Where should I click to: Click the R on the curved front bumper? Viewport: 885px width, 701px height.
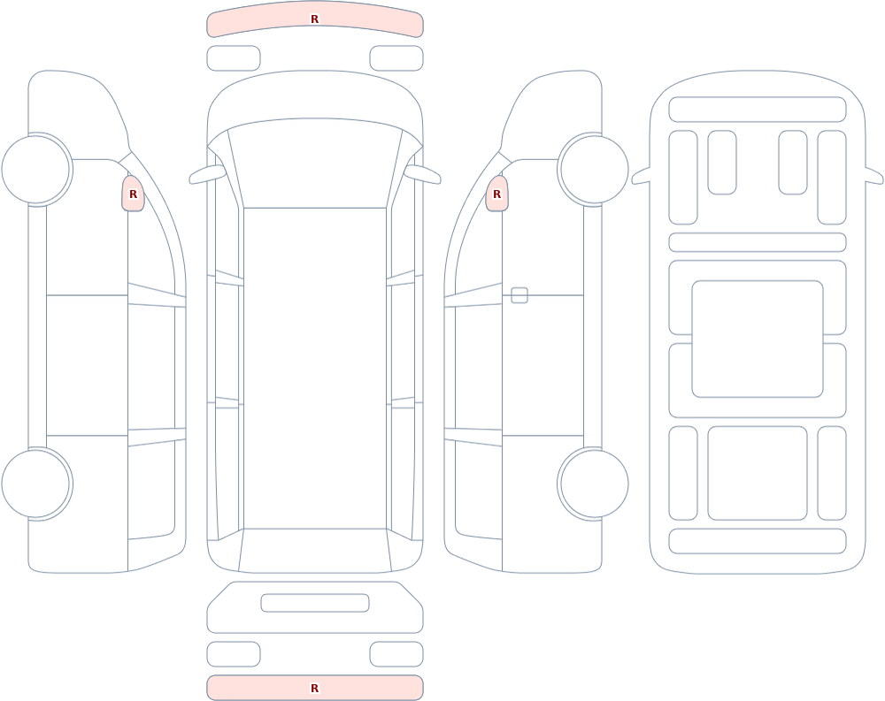point(314,19)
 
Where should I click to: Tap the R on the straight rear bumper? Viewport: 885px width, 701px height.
point(314,688)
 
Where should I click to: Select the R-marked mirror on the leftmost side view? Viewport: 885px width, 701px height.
point(134,194)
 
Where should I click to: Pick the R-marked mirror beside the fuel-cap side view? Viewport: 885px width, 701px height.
point(496,194)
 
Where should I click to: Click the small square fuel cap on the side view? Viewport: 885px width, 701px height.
point(519,295)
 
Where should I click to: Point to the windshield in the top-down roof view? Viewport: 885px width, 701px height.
point(315,163)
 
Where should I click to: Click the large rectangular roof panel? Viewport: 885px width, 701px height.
point(315,369)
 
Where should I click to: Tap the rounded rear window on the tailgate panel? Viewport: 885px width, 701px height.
point(315,603)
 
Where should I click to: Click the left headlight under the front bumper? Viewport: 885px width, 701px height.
point(234,58)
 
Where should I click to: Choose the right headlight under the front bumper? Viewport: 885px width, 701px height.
point(396,58)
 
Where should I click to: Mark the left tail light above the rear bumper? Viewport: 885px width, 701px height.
point(234,654)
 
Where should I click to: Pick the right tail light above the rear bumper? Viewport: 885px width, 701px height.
point(396,654)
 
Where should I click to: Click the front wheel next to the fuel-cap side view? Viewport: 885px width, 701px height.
point(594,169)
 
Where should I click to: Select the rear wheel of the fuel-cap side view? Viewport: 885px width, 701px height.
point(594,484)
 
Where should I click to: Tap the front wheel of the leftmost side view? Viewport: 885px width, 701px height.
point(36,169)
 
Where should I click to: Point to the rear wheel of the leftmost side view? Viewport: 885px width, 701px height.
point(36,484)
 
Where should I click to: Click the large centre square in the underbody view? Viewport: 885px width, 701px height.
point(758,339)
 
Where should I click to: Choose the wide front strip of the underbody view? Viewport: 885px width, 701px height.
point(758,110)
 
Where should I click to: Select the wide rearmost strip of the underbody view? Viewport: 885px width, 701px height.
point(758,541)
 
